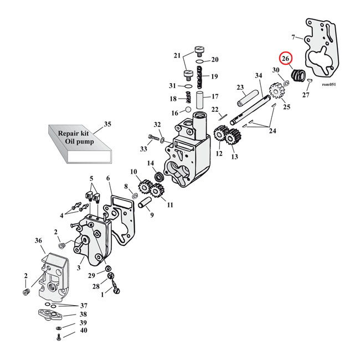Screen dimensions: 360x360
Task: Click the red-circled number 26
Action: (x=286, y=59)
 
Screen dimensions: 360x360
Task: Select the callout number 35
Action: (x=107, y=124)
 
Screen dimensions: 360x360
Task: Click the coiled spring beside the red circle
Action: (x=299, y=75)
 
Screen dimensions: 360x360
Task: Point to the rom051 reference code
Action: (x=329, y=85)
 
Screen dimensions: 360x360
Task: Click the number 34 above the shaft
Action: (x=258, y=75)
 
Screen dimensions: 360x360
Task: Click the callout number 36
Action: (x=38, y=240)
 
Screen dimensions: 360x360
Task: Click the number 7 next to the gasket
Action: (x=294, y=38)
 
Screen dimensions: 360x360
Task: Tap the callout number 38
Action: (x=83, y=314)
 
